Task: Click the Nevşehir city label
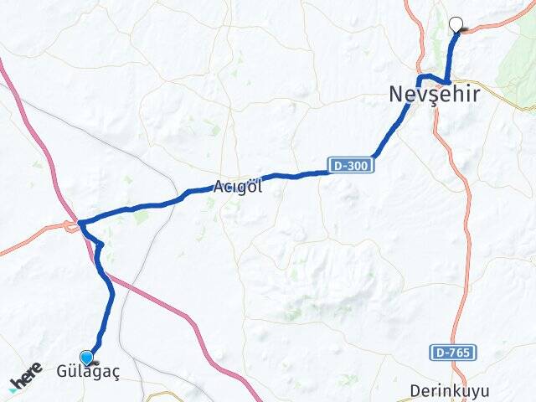(x=435, y=95)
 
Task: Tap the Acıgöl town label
(x=238, y=187)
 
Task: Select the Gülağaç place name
(x=88, y=373)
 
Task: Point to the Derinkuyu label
(x=450, y=391)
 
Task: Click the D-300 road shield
(x=348, y=166)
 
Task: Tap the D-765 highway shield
(x=453, y=353)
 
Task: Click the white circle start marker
(x=456, y=24)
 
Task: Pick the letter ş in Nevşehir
(x=426, y=95)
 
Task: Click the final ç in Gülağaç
(x=115, y=374)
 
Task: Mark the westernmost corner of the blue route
(x=79, y=223)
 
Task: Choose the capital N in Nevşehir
(x=396, y=95)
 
